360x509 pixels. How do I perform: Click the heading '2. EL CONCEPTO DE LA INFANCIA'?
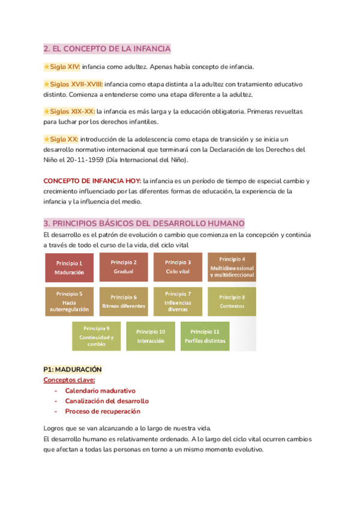click(x=107, y=49)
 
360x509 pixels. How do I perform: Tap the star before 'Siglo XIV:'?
click(x=47, y=67)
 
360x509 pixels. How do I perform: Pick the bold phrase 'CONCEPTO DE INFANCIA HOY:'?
click(x=92, y=181)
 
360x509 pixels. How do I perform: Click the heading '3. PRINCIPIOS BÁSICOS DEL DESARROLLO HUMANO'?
click(x=140, y=223)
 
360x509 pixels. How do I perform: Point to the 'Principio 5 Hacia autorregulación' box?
click(x=69, y=301)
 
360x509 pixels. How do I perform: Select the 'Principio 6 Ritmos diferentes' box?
click(x=124, y=301)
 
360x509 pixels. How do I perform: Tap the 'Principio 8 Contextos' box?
click(x=232, y=301)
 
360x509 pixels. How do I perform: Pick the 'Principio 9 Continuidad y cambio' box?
click(x=96, y=336)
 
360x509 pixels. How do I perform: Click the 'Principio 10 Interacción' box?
click(x=151, y=336)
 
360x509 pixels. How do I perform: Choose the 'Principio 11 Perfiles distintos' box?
click(x=205, y=336)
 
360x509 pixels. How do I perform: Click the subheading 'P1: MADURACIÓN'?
click(x=73, y=369)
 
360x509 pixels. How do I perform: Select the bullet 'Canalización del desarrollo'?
click(x=107, y=401)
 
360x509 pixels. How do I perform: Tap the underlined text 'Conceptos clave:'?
click(x=69, y=380)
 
